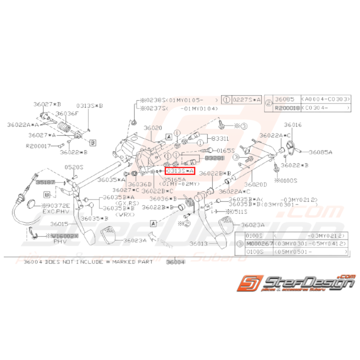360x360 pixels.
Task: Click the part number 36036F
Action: pyautogui.click(x=67, y=113)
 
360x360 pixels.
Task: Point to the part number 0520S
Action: pyautogui.click(x=74, y=167)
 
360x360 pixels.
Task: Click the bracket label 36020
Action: pyautogui.click(x=153, y=128)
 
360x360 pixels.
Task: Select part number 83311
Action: pyautogui.click(x=218, y=138)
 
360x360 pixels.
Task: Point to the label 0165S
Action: pyautogui.click(x=225, y=150)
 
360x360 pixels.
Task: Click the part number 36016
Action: pyautogui.click(x=293, y=125)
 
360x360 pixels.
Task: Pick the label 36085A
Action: pyautogui.click(x=319, y=152)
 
